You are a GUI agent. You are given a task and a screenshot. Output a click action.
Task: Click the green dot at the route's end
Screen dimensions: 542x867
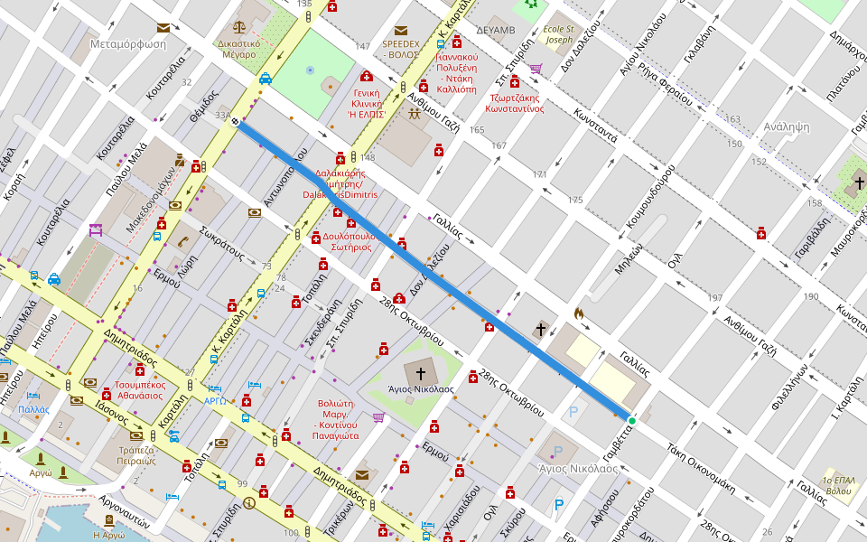[x=631, y=420]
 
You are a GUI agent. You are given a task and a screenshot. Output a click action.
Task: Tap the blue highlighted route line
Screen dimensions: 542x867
[x=433, y=271]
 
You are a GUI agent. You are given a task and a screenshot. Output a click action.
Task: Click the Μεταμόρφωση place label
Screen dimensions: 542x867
[x=128, y=43]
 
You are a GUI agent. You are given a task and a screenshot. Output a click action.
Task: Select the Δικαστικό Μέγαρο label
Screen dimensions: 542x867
[x=239, y=48]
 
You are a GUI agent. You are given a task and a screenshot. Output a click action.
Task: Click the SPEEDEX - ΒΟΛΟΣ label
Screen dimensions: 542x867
[x=400, y=49]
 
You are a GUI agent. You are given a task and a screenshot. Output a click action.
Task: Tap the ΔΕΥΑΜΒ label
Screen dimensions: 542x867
[x=495, y=30]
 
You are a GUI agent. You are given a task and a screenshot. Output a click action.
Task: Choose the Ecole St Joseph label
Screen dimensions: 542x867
[x=558, y=34]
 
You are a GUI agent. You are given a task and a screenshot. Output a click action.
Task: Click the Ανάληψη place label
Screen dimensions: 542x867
[x=786, y=126]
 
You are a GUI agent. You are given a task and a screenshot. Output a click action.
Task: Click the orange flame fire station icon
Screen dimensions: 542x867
[x=579, y=314]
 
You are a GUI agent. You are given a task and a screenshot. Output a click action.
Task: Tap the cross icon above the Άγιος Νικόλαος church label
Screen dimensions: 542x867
[x=420, y=372]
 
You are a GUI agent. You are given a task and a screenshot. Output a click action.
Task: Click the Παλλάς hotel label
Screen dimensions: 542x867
[x=33, y=409]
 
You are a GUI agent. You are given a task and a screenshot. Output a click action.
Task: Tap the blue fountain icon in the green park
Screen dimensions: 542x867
[x=311, y=70]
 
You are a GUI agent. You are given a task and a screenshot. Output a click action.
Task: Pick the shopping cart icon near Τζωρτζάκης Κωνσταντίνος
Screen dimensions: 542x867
[x=536, y=68]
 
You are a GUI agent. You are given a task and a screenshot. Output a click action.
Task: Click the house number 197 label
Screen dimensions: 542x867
[x=715, y=298]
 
